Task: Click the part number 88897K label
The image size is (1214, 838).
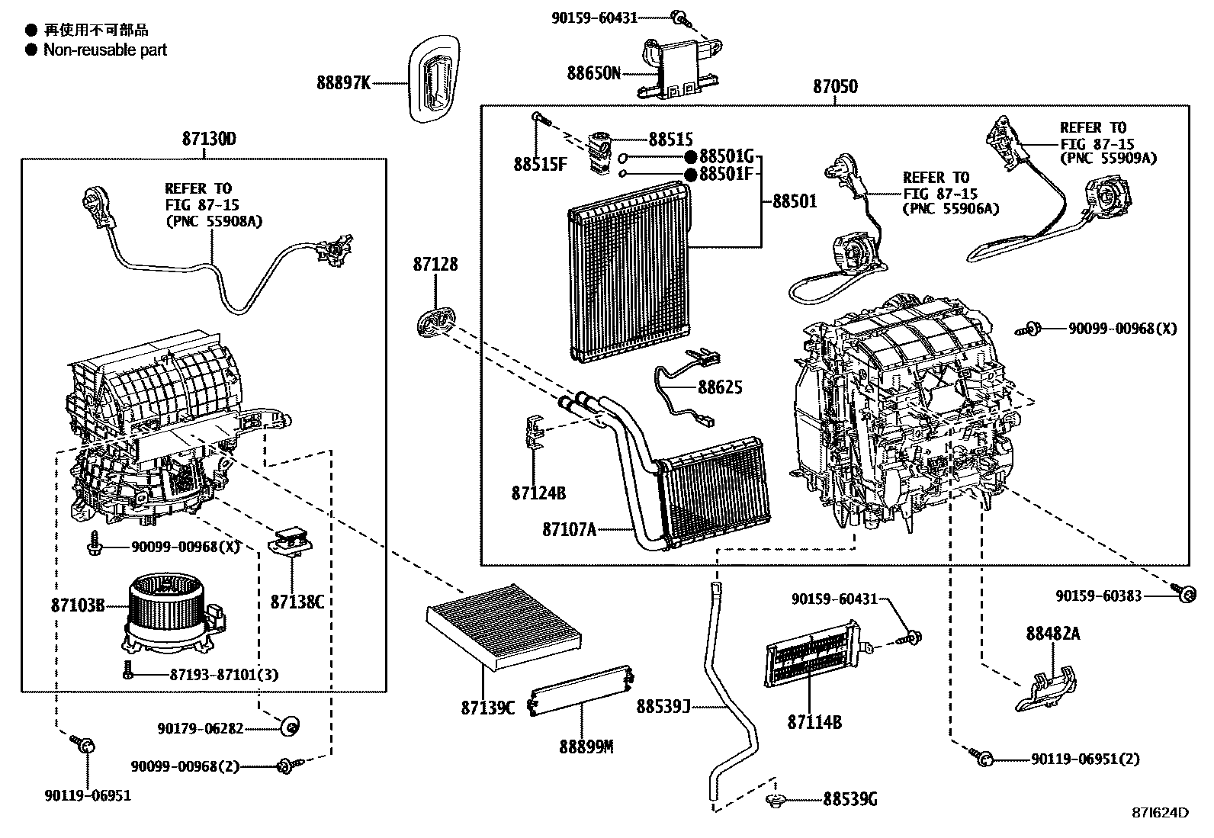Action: point(343,82)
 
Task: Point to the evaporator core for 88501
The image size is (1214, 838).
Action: point(630,270)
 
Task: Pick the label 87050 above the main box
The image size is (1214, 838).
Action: point(835,87)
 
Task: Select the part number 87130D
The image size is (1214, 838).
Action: point(209,140)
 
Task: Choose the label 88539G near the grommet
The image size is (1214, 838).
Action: point(849,799)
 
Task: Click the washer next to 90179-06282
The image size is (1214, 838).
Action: point(290,727)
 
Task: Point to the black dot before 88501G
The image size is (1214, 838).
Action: point(690,157)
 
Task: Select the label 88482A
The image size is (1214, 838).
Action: point(1052,634)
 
